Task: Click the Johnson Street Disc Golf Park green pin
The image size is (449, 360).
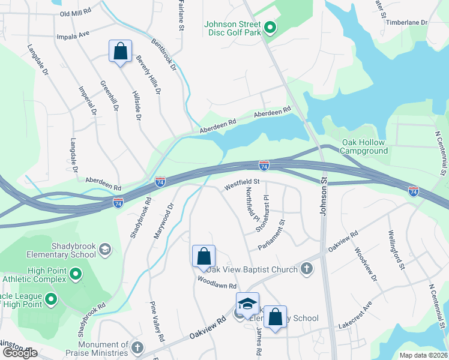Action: [270, 28]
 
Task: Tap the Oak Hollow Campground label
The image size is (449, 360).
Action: [364, 147]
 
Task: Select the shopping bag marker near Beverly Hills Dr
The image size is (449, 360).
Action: [120, 51]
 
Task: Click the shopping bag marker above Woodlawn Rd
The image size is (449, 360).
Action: [203, 256]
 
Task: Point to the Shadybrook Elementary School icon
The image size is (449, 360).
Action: [105, 249]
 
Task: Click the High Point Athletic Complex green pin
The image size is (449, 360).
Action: [76, 274]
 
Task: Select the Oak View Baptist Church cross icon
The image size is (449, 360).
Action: [307, 269]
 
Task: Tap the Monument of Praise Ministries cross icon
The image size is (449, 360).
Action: [137, 346]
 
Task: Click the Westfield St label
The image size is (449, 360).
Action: [242, 185]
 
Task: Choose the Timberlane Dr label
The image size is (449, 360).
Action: [407, 22]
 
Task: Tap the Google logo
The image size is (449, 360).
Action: [20, 353]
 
